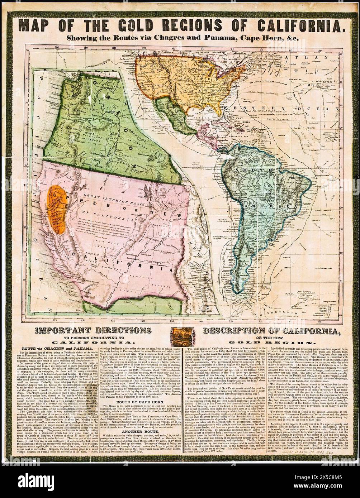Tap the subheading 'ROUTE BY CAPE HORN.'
pyautogui.click(x=143, y=402)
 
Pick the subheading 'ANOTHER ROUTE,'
pyautogui.click(x=143, y=429)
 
